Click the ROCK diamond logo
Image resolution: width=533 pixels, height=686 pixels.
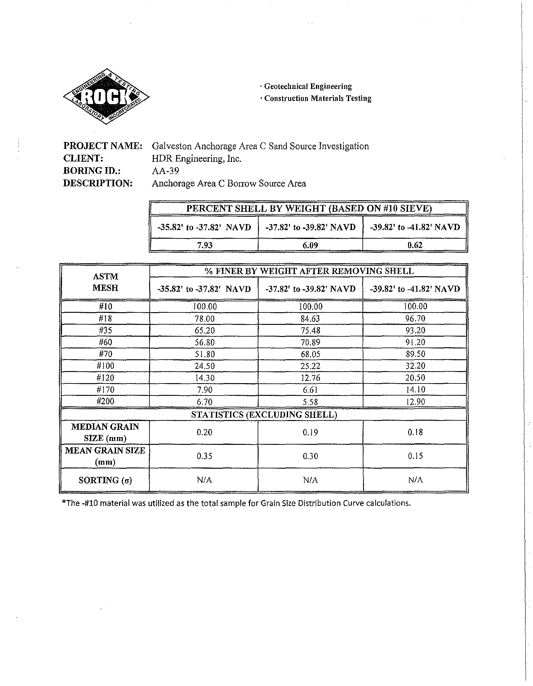106,96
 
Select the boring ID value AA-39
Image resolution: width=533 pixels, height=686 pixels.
165,171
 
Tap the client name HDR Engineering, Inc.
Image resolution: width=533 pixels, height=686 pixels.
196,159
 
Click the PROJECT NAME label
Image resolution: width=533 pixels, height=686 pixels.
103,146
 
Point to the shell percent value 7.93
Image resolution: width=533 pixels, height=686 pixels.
205,245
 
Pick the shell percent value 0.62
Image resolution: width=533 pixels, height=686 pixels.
415,245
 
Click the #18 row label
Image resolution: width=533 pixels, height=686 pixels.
105,318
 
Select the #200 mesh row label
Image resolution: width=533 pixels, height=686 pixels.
105,401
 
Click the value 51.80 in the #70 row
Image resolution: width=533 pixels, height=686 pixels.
205,354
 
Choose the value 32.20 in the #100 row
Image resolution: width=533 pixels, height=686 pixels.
415,366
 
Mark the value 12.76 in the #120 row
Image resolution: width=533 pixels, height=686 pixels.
310,378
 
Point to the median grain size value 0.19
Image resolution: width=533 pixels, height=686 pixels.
310,432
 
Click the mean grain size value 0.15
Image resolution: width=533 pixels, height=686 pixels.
415,456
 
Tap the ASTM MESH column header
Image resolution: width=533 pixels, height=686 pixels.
105,282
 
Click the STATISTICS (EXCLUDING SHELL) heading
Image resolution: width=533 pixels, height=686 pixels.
264,415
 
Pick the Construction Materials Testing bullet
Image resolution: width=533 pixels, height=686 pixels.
318,98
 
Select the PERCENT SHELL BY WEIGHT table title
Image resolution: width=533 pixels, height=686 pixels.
309,209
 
